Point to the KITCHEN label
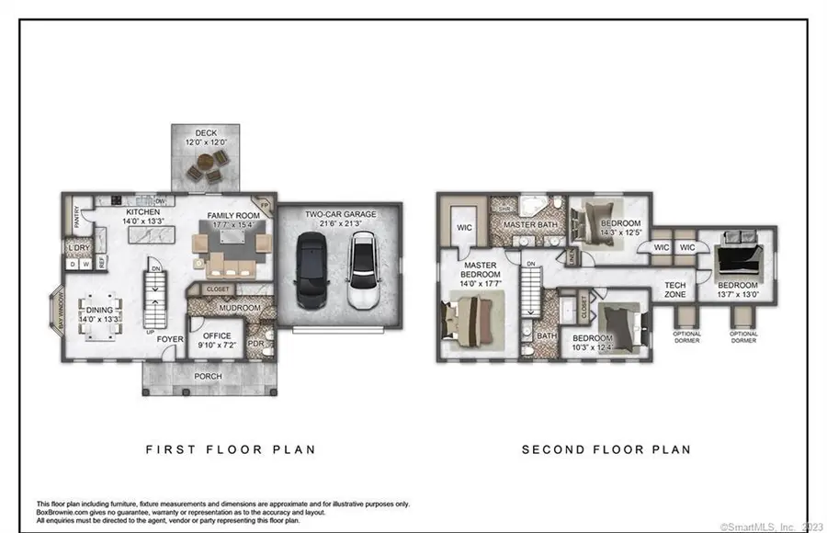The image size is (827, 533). coord(143,211)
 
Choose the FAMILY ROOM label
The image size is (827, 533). coord(233,215)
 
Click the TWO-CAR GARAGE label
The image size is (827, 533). coord(339,214)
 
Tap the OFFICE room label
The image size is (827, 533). coord(217,336)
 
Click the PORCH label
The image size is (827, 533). coord(207,377)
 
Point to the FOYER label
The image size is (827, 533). coord(169,339)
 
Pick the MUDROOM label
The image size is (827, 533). coord(241,308)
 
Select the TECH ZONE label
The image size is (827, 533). coord(675,290)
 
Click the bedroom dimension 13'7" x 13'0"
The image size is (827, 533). coord(737,296)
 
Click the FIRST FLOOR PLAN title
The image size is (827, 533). coord(231,449)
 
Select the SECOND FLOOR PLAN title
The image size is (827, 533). coord(606,449)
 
